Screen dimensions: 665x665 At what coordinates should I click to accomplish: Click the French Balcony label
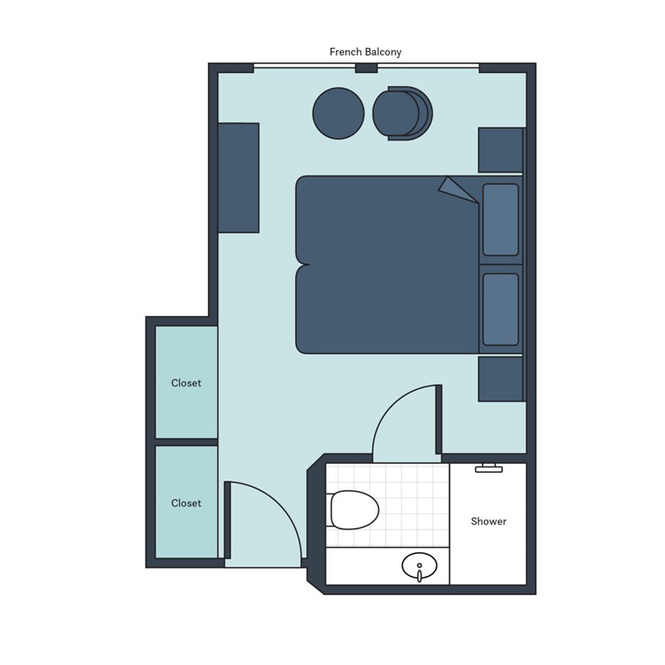(x=365, y=52)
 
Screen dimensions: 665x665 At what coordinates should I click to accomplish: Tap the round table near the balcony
(x=338, y=113)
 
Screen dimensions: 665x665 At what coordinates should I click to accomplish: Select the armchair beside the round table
(x=402, y=113)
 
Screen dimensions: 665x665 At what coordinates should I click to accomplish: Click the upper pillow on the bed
(x=501, y=219)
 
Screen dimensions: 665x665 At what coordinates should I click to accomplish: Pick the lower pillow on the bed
(x=501, y=309)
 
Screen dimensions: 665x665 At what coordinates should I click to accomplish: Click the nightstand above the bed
(x=500, y=150)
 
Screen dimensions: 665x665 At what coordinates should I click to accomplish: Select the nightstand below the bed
(x=500, y=379)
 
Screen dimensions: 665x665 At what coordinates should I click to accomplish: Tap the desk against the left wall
(x=239, y=178)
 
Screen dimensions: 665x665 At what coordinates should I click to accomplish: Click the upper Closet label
(x=186, y=383)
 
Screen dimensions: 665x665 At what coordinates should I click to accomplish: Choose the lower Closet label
(x=186, y=503)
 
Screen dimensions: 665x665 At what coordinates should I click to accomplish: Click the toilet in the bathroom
(x=352, y=510)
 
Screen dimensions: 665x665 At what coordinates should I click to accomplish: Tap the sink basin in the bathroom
(x=420, y=566)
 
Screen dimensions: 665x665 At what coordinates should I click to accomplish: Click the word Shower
(x=489, y=521)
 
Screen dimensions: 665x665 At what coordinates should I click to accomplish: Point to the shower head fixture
(x=489, y=468)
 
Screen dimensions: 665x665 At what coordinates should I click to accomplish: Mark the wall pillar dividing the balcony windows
(x=367, y=68)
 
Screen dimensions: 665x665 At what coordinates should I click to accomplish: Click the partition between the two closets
(x=186, y=442)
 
